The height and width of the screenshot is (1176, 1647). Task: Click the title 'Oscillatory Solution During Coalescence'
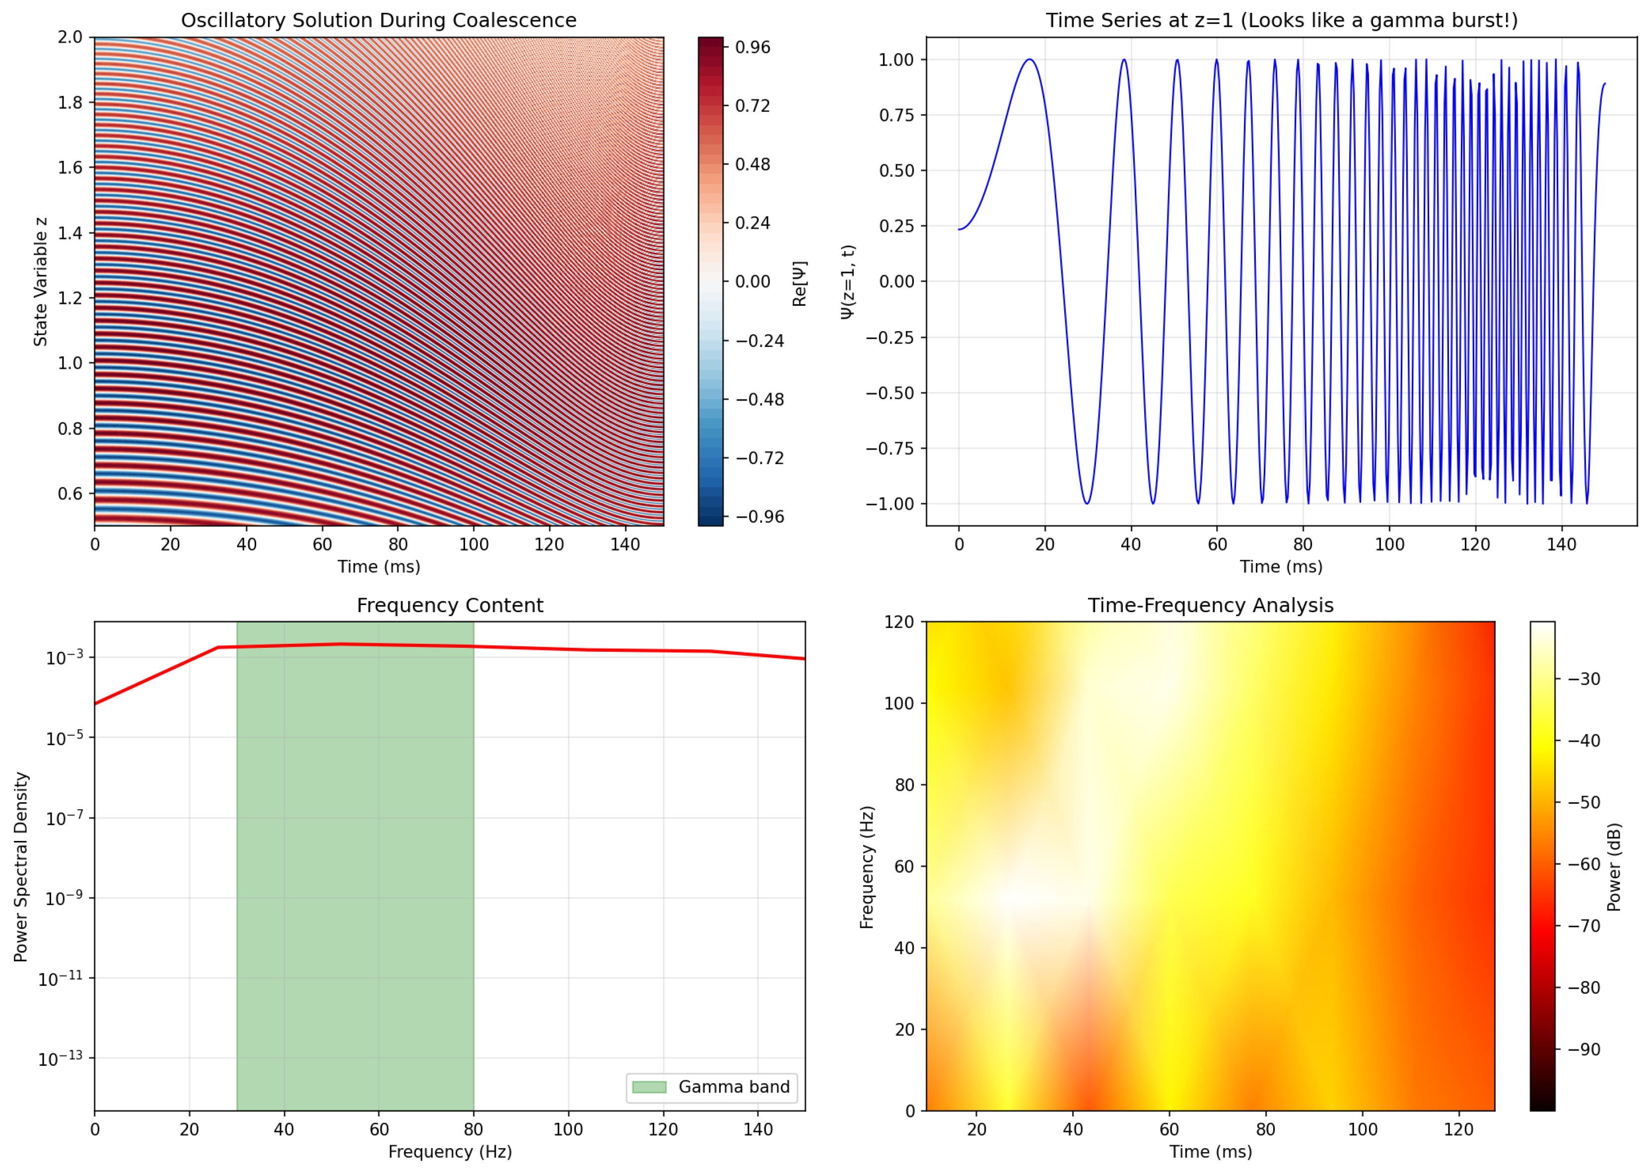(x=379, y=20)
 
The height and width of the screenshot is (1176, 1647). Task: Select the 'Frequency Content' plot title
(x=450, y=606)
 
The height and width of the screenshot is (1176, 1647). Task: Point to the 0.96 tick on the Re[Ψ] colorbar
(x=752, y=48)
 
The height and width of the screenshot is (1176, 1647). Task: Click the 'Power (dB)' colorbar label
(x=1614, y=867)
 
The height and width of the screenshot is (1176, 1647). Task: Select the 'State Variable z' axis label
(x=41, y=281)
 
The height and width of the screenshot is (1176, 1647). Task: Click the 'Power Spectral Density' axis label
(x=21, y=867)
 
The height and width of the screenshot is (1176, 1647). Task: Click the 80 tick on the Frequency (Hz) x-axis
(x=474, y=1130)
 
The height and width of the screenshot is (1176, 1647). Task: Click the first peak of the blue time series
(x=1029, y=60)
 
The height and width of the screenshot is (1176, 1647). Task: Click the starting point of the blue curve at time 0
(x=959, y=229)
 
